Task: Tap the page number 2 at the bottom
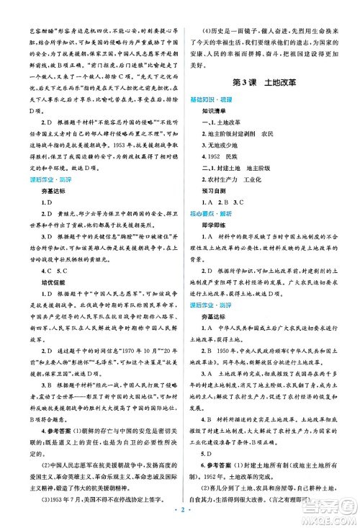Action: pos(179,516)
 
